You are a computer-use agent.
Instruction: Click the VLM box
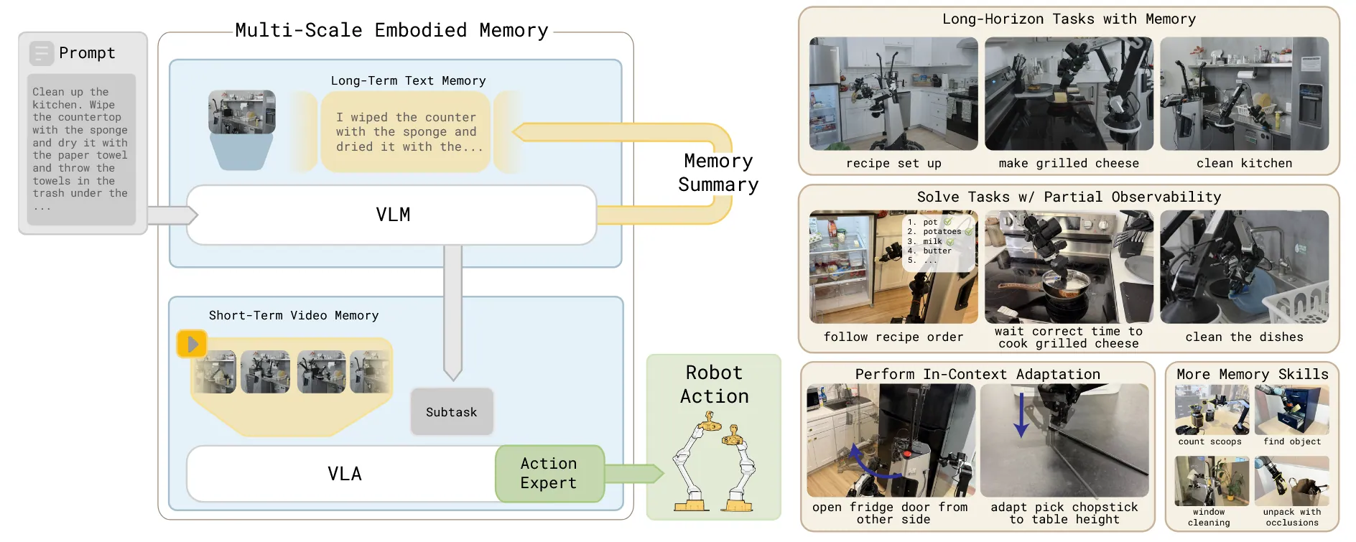tap(392, 215)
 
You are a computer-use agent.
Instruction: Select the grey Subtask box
tap(452, 412)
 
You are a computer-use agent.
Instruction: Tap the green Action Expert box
tap(549, 473)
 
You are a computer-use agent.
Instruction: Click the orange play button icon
tap(192, 344)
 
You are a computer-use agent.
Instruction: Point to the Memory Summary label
tap(718, 173)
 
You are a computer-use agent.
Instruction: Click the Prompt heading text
tap(87, 53)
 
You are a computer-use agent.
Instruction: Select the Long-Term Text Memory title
tap(408, 81)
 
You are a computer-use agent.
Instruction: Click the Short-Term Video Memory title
tap(294, 315)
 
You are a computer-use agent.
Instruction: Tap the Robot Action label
tap(714, 384)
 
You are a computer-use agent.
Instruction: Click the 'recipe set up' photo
tap(893, 94)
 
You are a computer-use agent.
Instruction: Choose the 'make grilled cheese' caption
tap(1069, 164)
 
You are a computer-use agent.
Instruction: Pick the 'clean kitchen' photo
tap(1244, 94)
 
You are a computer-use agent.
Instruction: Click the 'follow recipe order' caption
tap(893, 337)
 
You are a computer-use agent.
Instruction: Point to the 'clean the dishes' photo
tap(1244, 267)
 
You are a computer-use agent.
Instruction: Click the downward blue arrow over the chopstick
tap(1021, 415)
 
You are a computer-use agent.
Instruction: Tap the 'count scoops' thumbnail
tap(1212, 410)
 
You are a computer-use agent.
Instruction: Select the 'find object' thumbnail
tap(1291, 410)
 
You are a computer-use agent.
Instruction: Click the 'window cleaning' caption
tap(1209, 518)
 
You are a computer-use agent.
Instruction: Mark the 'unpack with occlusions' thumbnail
tap(1291, 481)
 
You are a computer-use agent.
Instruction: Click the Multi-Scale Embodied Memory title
tap(391, 30)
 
